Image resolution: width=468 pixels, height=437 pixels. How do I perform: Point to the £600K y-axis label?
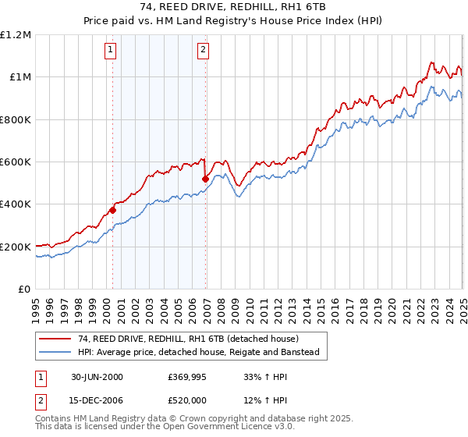[x=16, y=162]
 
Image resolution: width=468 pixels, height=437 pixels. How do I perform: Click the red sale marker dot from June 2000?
[x=112, y=210]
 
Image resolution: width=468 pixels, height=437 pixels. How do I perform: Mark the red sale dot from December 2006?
[x=205, y=179]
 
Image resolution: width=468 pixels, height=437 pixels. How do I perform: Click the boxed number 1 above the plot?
[x=110, y=51]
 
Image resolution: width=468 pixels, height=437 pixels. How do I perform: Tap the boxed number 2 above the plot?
[x=203, y=51]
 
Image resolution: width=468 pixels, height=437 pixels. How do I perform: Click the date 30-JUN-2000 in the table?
[x=97, y=377]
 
